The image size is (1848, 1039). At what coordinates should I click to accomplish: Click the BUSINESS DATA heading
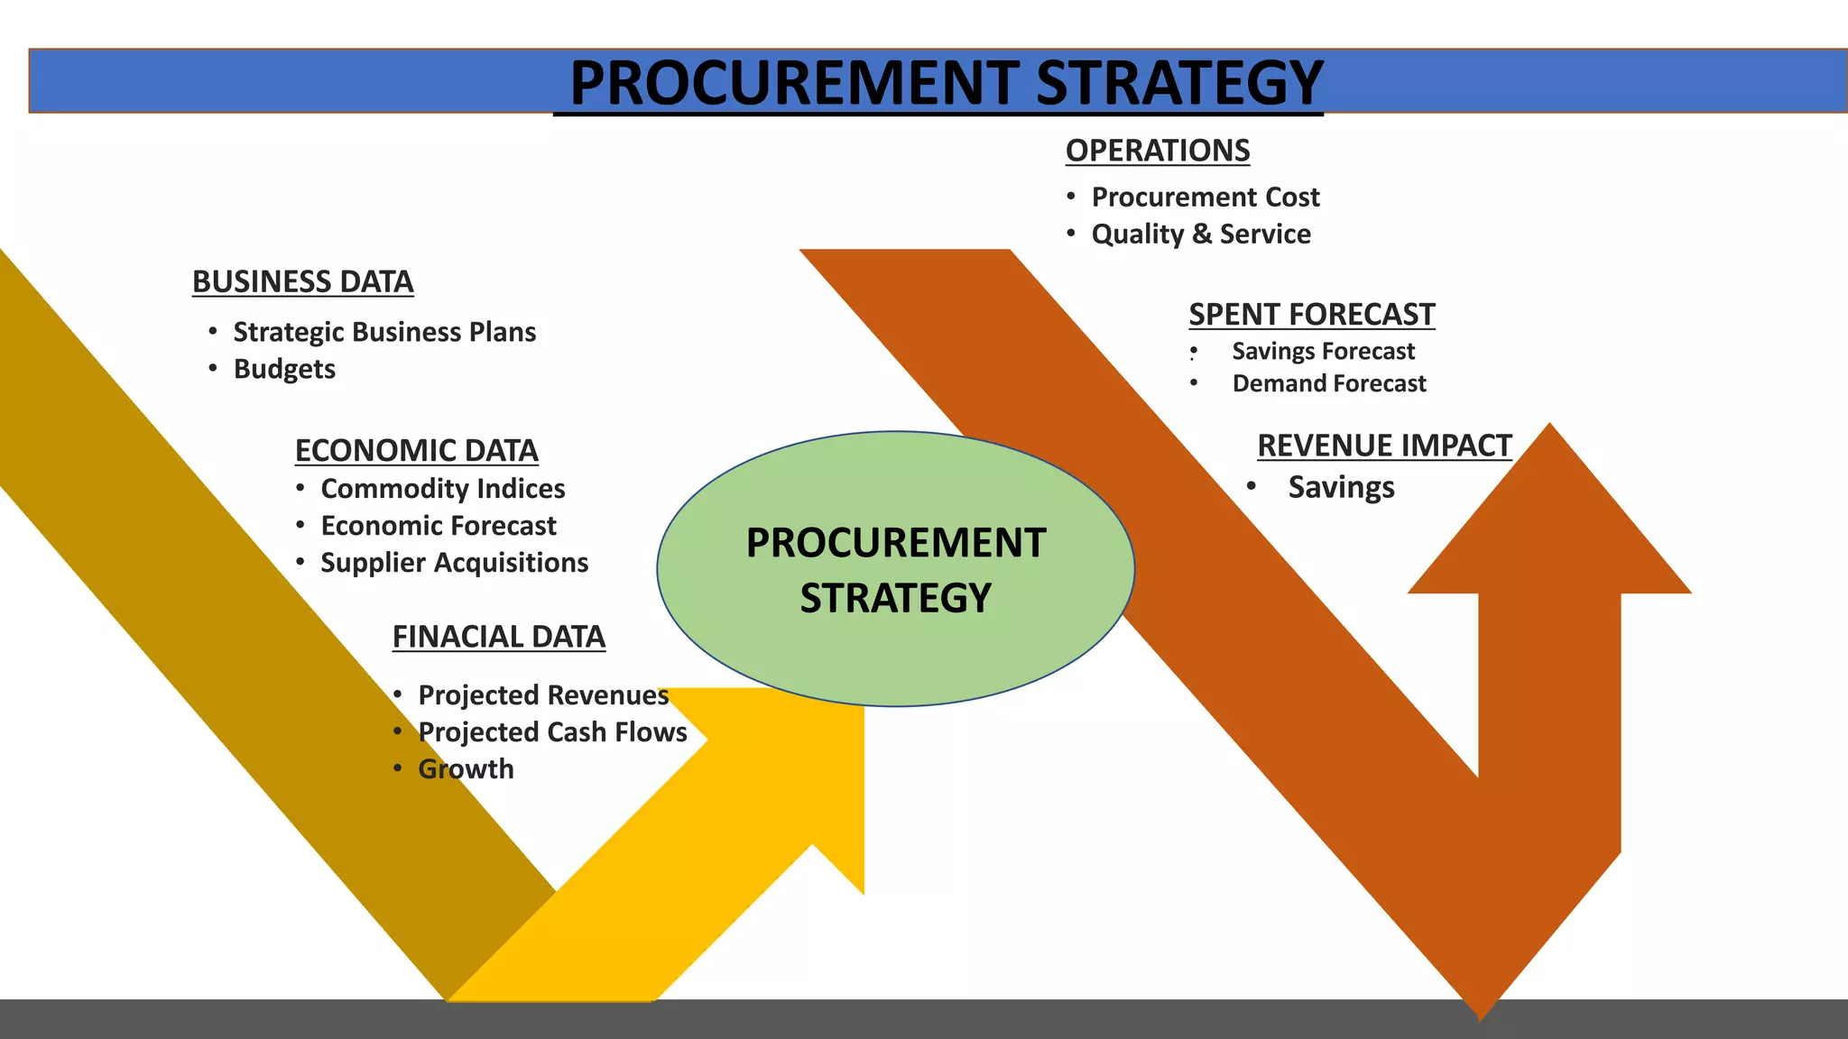click(x=302, y=282)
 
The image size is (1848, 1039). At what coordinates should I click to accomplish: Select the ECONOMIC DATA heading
click(x=416, y=450)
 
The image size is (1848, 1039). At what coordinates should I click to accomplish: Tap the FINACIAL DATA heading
click(x=498, y=637)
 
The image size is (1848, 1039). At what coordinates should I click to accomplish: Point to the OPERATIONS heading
click(x=1158, y=151)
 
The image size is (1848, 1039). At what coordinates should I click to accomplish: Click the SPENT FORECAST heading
click(x=1311, y=315)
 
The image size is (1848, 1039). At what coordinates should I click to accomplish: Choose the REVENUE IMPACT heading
click(x=1384, y=446)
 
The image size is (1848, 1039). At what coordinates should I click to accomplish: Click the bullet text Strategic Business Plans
click(x=384, y=332)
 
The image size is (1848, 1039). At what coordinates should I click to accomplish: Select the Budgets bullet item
click(x=284, y=369)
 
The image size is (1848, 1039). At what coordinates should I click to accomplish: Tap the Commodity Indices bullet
click(x=443, y=489)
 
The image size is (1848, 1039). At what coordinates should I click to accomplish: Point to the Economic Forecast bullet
click(x=439, y=526)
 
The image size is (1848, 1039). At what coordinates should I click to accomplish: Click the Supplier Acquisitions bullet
click(x=455, y=563)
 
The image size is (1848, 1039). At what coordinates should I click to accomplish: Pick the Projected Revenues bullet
click(x=543, y=695)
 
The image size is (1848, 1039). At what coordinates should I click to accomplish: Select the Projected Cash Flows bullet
click(x=552, y=732)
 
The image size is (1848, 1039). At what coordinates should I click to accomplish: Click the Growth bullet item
click(x=466, y=769)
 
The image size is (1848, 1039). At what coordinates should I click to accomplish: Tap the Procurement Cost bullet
click(x=1206, y=197)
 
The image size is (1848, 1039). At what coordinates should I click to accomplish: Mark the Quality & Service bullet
click(x=1201, y=234)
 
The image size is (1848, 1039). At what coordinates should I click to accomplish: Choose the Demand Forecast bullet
click(x=1329, y=383)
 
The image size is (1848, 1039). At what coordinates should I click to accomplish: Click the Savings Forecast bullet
click(x=1324, y=351)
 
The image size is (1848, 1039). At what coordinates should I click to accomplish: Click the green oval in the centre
click(x=895, y=649)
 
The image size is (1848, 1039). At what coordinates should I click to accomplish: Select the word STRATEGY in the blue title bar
click(x=1179, y=83)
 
